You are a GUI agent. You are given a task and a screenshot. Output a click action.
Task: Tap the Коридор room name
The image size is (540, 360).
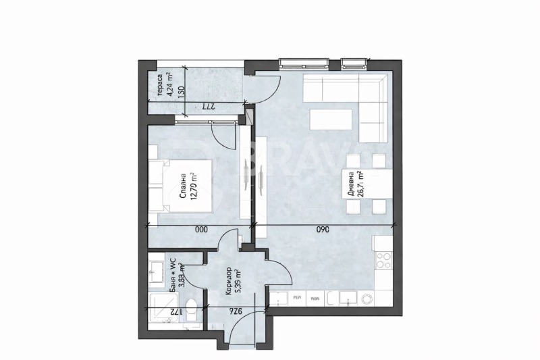[229, 280]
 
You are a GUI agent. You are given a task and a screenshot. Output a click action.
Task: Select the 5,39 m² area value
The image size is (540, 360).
[240, 279]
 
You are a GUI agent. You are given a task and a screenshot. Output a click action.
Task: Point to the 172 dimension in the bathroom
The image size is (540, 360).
[173, 312]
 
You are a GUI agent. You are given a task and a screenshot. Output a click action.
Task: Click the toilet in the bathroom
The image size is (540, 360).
[192, 311]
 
